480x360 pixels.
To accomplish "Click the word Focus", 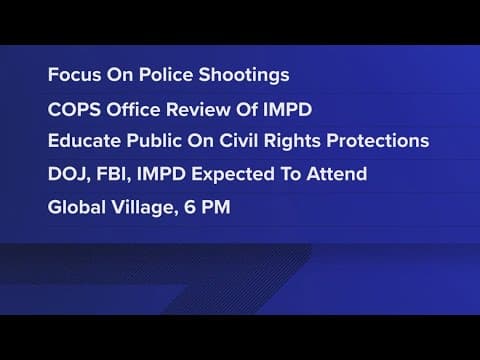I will point(73,75).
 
